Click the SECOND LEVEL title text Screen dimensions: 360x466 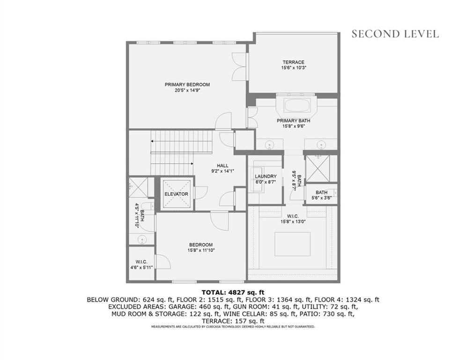395,34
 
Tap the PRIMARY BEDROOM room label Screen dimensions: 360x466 187,85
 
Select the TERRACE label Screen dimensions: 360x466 293,62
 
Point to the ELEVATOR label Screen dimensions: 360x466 176,194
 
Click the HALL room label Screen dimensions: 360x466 222,165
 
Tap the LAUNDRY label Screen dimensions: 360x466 266,177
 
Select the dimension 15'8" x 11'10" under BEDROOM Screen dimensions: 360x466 201,250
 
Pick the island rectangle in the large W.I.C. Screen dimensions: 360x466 292,244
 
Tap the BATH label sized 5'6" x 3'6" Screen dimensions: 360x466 321,192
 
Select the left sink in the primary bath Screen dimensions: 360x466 270,144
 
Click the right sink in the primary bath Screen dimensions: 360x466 321,144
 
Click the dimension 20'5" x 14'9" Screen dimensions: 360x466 187,91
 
